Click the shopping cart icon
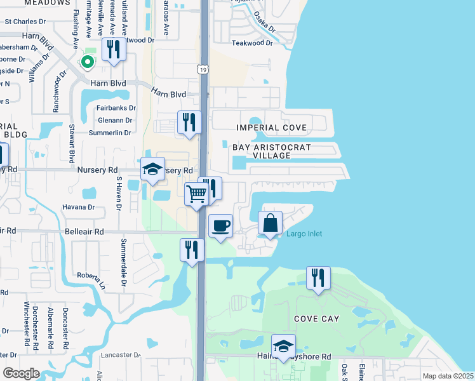[x=197, y=194]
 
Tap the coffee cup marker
[x=220, y=226]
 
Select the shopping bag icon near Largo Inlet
[x=271, y=223]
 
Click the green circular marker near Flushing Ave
[x=87, y=62]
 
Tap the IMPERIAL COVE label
[x=271, y=128]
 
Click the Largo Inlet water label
[x=304, y=234]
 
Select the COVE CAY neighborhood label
[x=316, y=319]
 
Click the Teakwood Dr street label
[x=252, y=43]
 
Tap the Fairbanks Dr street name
[x=116, y=108]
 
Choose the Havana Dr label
[x=79, y=207]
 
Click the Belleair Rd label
[x=84, y=232]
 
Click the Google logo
[x=21, y=373]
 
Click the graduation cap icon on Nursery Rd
[x=152, y=169]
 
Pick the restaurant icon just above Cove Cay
[x=318, y=278]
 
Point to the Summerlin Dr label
[x=110, y=133]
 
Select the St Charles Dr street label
[x=26, y=21]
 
